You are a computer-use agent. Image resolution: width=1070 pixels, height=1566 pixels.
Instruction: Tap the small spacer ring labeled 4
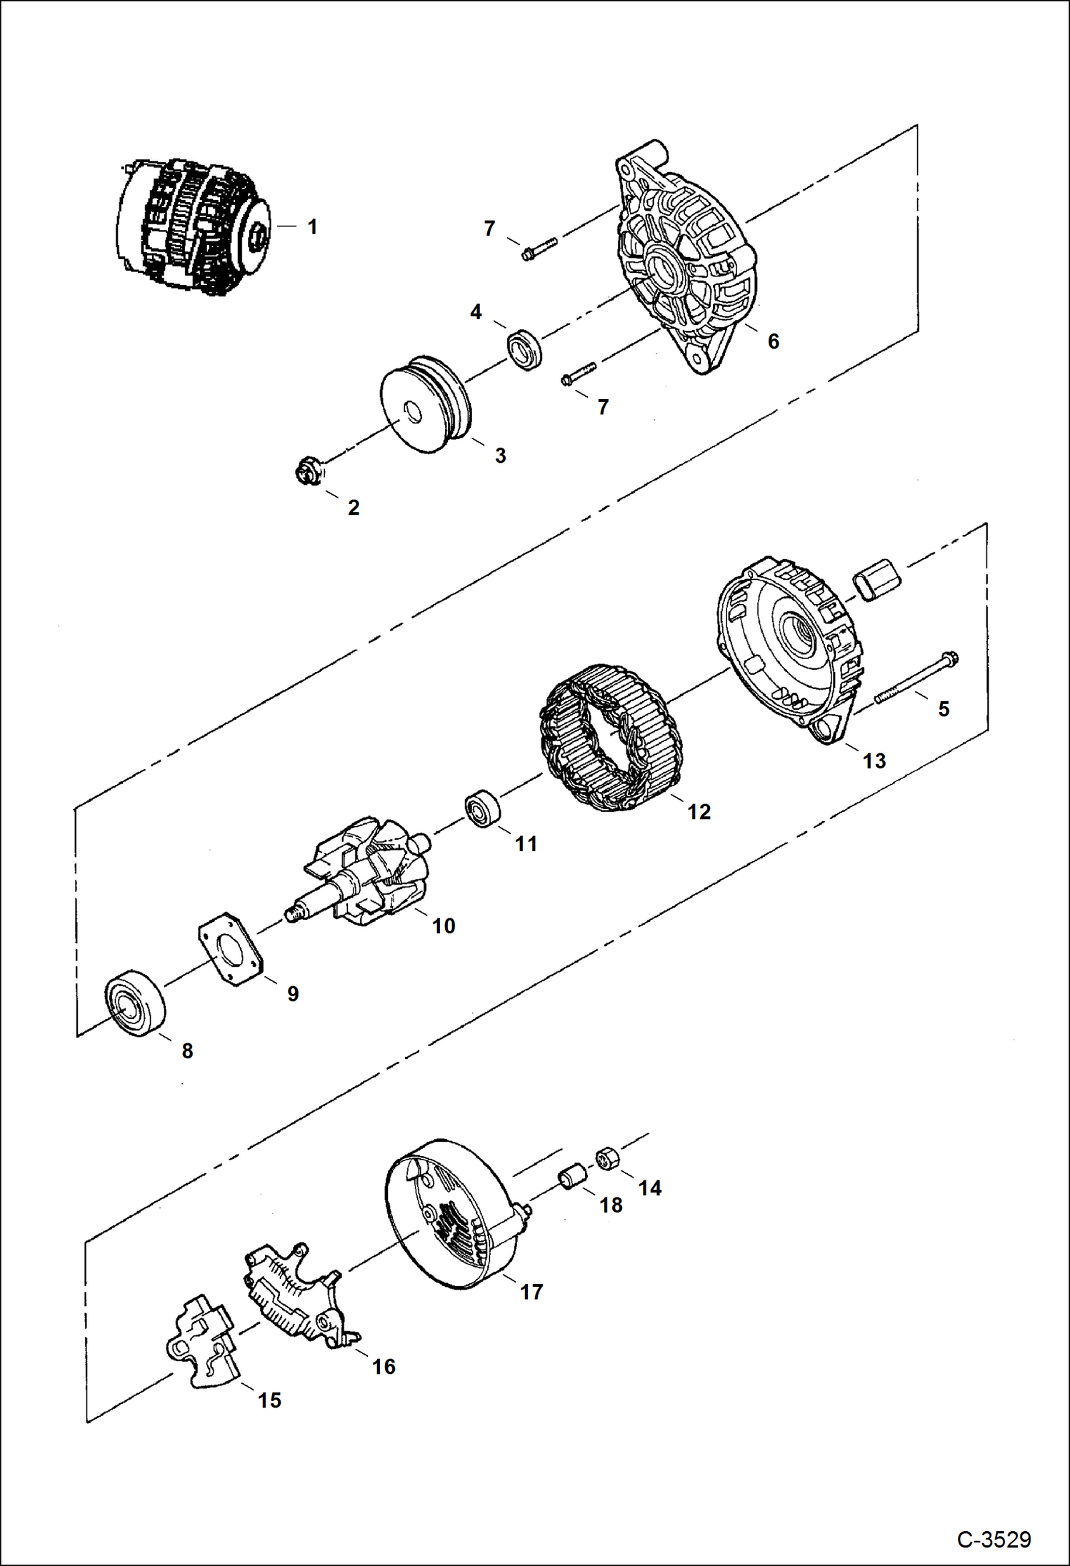point(524,349)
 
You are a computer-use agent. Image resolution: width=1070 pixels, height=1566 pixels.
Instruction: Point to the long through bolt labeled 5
point(914,678)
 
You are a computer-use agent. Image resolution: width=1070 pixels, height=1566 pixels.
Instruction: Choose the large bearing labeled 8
point(135,1003)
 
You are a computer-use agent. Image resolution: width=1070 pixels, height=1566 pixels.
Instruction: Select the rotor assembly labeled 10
point(364,873)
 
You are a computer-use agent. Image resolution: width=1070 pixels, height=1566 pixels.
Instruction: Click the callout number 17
point(531,1292)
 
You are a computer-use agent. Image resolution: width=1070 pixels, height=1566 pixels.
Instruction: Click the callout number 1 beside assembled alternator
point(311,227)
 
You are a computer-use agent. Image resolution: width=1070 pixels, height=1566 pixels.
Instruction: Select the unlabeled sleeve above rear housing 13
point(878,579)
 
